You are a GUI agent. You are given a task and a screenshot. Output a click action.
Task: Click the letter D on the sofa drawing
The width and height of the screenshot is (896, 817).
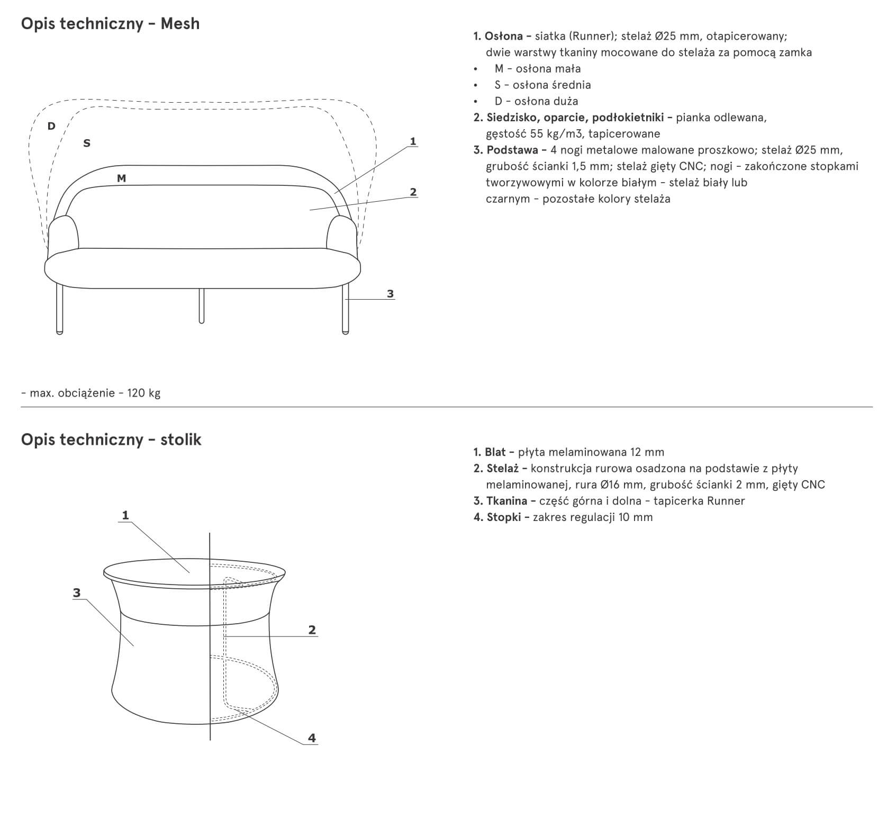[51, 126]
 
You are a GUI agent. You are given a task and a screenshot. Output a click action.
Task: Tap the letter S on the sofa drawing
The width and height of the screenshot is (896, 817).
[87, 143]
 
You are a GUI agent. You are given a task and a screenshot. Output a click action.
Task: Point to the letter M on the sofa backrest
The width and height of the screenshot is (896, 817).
[121, 178]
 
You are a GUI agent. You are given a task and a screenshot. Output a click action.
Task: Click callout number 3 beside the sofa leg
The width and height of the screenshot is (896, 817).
[391, 293]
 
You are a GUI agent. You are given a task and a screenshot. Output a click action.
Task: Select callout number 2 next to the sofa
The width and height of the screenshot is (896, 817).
[413, 192]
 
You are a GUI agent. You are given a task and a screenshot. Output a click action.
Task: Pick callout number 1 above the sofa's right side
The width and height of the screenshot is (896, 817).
[413, 141]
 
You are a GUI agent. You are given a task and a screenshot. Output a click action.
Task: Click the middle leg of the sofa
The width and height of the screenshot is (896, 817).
[201, 306]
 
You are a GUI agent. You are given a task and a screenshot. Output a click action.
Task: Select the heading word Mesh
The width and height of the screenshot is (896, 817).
[180, 24]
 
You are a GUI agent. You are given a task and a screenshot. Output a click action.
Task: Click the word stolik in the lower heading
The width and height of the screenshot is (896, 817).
[181, 440]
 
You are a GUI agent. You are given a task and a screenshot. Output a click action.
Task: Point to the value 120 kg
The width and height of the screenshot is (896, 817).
[144, 393]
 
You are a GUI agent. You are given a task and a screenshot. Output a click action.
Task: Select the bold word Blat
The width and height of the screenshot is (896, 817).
[495, 452]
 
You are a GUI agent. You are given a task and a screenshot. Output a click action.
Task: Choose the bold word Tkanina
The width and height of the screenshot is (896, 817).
[506, 501]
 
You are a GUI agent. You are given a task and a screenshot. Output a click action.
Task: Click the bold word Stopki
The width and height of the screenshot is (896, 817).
[504, 517]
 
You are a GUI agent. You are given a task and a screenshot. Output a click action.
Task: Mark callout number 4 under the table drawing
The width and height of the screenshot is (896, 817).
[312, 738]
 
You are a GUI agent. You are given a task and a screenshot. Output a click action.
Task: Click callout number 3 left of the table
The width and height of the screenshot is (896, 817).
[77, 593]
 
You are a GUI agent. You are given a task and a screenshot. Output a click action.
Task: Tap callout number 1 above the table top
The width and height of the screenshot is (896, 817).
[125, 515]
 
